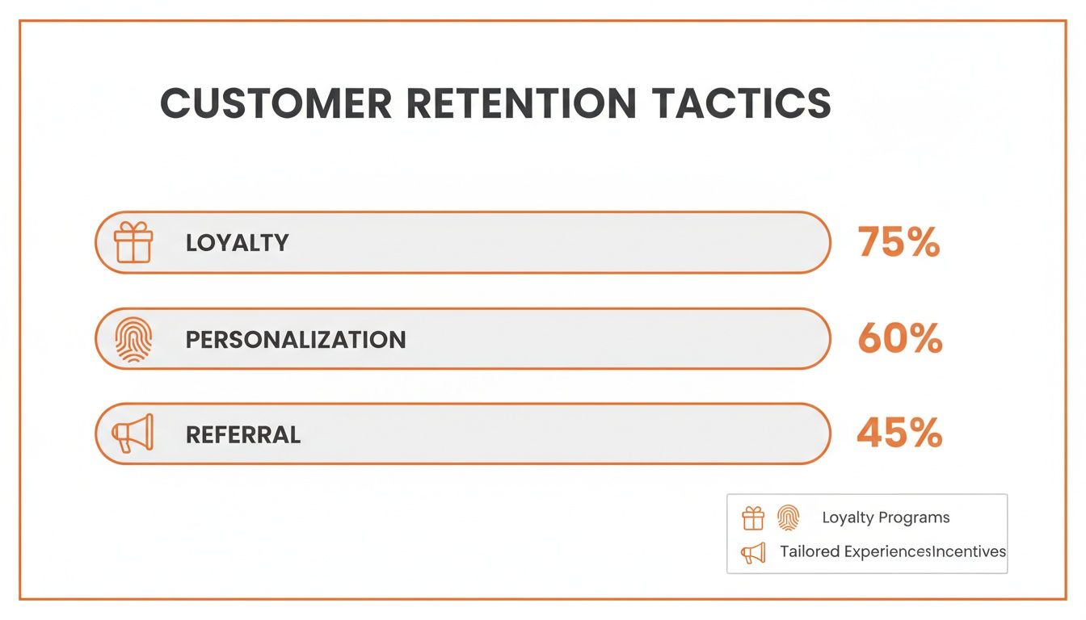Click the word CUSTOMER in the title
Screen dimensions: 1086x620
click(x=276, y=103)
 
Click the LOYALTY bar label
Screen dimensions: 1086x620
click(x=237, y=243)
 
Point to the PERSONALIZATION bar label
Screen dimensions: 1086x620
click(x=296, y=340)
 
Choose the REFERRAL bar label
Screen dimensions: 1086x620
click(x=243, y=434)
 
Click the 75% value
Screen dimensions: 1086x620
click(x=899, y=242)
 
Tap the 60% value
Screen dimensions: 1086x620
click(x=900, y=338)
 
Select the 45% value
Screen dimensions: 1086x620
click(x=899, y=433)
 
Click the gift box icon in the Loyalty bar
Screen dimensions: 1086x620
click(x=133, y=242)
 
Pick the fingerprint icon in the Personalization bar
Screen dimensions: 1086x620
click(x=133, y=340)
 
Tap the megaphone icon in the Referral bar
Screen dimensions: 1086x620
click(x=133, y=433)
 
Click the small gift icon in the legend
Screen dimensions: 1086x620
click(x=753, y=517)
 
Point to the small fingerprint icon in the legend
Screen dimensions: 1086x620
click(x=789, y=517)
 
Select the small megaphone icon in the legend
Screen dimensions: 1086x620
click(x=753, y=553)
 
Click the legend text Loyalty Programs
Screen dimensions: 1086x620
click(x=886, y=517)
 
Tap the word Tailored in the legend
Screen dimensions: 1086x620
click(x=809, y=551)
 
